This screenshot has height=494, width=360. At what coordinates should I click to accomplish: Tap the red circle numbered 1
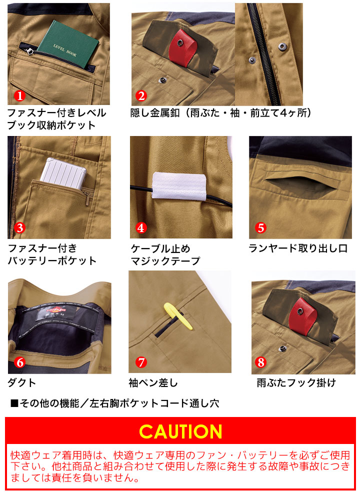[x=19, y=95]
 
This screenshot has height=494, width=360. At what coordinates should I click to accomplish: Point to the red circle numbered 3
[x=19, y=228]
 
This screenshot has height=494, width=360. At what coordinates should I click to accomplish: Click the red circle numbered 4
[x=141, y=228]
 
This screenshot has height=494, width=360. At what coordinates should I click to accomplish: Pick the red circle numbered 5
[x=260, y=228]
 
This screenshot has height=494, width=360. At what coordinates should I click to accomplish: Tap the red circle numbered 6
[x=19, y=362]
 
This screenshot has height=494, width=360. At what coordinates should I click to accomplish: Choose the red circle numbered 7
[x=141, y=362]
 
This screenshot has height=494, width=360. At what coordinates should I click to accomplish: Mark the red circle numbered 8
[x=261, y=362]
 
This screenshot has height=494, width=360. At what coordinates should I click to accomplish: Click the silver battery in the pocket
[x=63, y=173]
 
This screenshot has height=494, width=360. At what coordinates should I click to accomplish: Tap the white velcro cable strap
[x=179, y=186]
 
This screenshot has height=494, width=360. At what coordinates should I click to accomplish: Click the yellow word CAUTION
[x=180, y=431]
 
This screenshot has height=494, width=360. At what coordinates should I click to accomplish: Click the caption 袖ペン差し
[x=152, y=383]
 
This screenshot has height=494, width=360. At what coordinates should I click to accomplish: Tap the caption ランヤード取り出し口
[x=298, y=248]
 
